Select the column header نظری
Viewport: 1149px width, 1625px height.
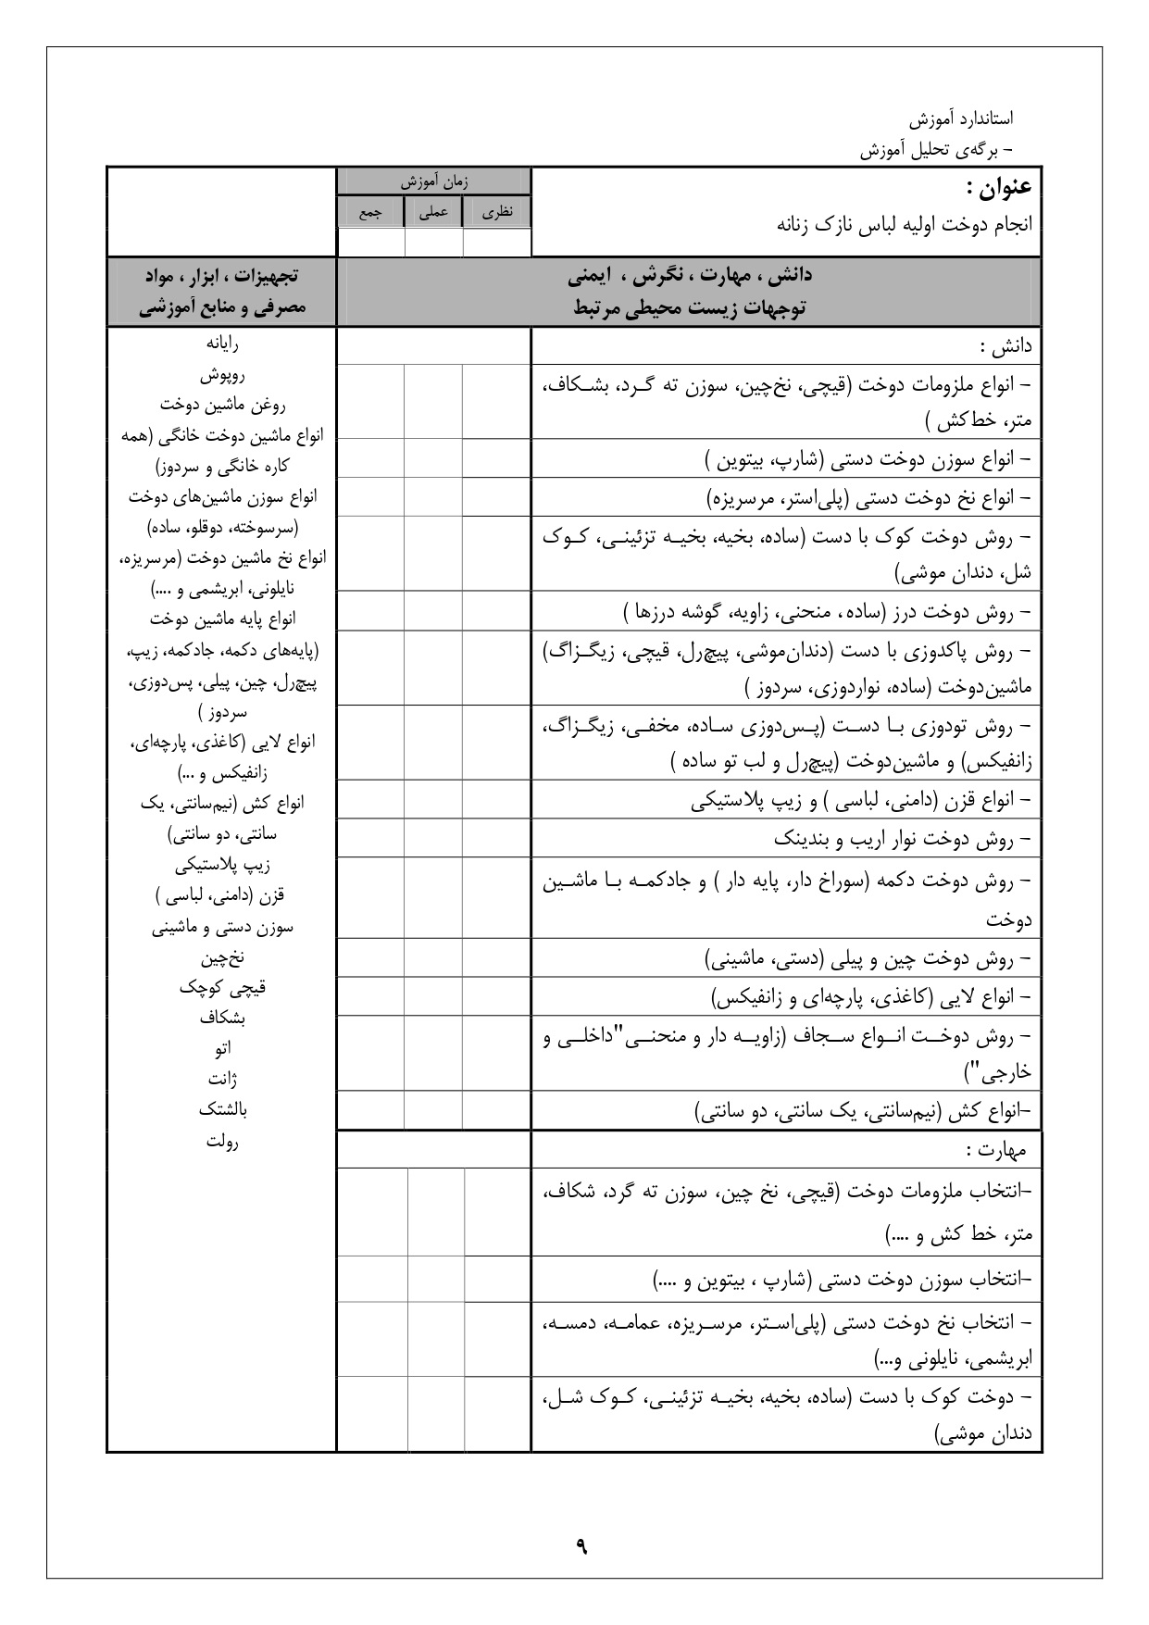497,212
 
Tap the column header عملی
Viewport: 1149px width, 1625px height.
434,212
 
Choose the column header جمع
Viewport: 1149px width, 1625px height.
370,212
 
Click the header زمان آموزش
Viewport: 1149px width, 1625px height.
434,182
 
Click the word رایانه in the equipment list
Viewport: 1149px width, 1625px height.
222,344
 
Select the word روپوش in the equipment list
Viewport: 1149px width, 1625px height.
222,375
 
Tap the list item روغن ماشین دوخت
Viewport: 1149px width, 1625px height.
222,405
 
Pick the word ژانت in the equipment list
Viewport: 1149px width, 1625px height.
222,1079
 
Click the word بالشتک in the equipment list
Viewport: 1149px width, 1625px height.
222,1109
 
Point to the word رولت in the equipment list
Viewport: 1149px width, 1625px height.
222,1141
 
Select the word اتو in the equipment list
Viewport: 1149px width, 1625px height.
222,1048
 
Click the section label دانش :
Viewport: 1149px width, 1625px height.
1005,348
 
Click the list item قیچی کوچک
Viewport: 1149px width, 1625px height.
222,987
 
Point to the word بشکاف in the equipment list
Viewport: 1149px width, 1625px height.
222,1018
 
